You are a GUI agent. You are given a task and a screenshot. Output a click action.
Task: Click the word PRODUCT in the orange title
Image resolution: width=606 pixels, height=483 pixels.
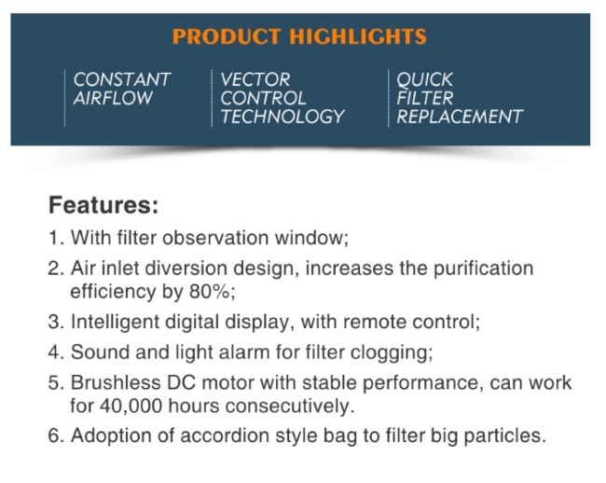pyautogui.click(x=227, y=36)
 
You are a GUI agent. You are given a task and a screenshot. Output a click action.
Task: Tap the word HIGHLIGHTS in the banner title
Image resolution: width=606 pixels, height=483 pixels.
pyautogui.click(x=358, y=36)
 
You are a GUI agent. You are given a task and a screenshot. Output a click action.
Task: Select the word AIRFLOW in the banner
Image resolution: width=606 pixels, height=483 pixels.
pyautogui.click(x=113, y=98)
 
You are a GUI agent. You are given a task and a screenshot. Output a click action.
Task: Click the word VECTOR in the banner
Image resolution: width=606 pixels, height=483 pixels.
pyautogui.click(x=255, y=79)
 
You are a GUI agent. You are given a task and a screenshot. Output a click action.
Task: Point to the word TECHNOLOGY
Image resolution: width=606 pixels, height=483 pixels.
pyautogui.click(x=282, y=117)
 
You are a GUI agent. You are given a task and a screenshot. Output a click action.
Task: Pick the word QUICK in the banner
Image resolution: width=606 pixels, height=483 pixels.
pyautogui.click(x=424, y=80)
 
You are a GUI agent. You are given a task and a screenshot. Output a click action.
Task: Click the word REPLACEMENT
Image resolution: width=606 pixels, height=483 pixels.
pyautogui.click(x=460, y=117)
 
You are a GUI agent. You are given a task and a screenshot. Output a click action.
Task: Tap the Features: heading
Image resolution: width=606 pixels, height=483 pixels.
pyautogui.click(x=103, y=205)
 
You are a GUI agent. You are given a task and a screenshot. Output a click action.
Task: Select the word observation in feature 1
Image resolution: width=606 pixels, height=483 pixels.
pyautogui.click(x=215, y=237)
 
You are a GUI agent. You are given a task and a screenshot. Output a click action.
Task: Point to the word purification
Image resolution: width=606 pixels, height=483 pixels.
pyautogui.click(x=483, y=269)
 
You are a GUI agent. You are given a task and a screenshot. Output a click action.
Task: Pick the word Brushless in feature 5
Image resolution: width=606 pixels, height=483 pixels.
pyautogui.click(x=116, y=382)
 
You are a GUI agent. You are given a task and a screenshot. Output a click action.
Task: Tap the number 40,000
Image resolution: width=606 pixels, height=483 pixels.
pyautogui.click(x=131, y=407)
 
